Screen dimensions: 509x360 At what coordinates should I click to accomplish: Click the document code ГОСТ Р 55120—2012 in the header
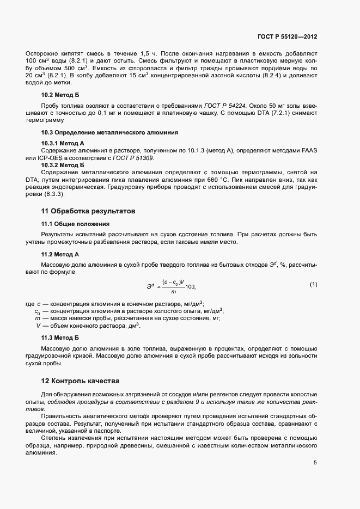click(x=287, y=36)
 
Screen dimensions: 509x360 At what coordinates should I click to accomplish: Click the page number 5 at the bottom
click(x=315, y=463)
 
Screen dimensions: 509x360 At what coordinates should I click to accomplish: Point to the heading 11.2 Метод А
click(x=60, y=254)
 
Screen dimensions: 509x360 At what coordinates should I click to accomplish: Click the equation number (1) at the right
click(x=313, y=285)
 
